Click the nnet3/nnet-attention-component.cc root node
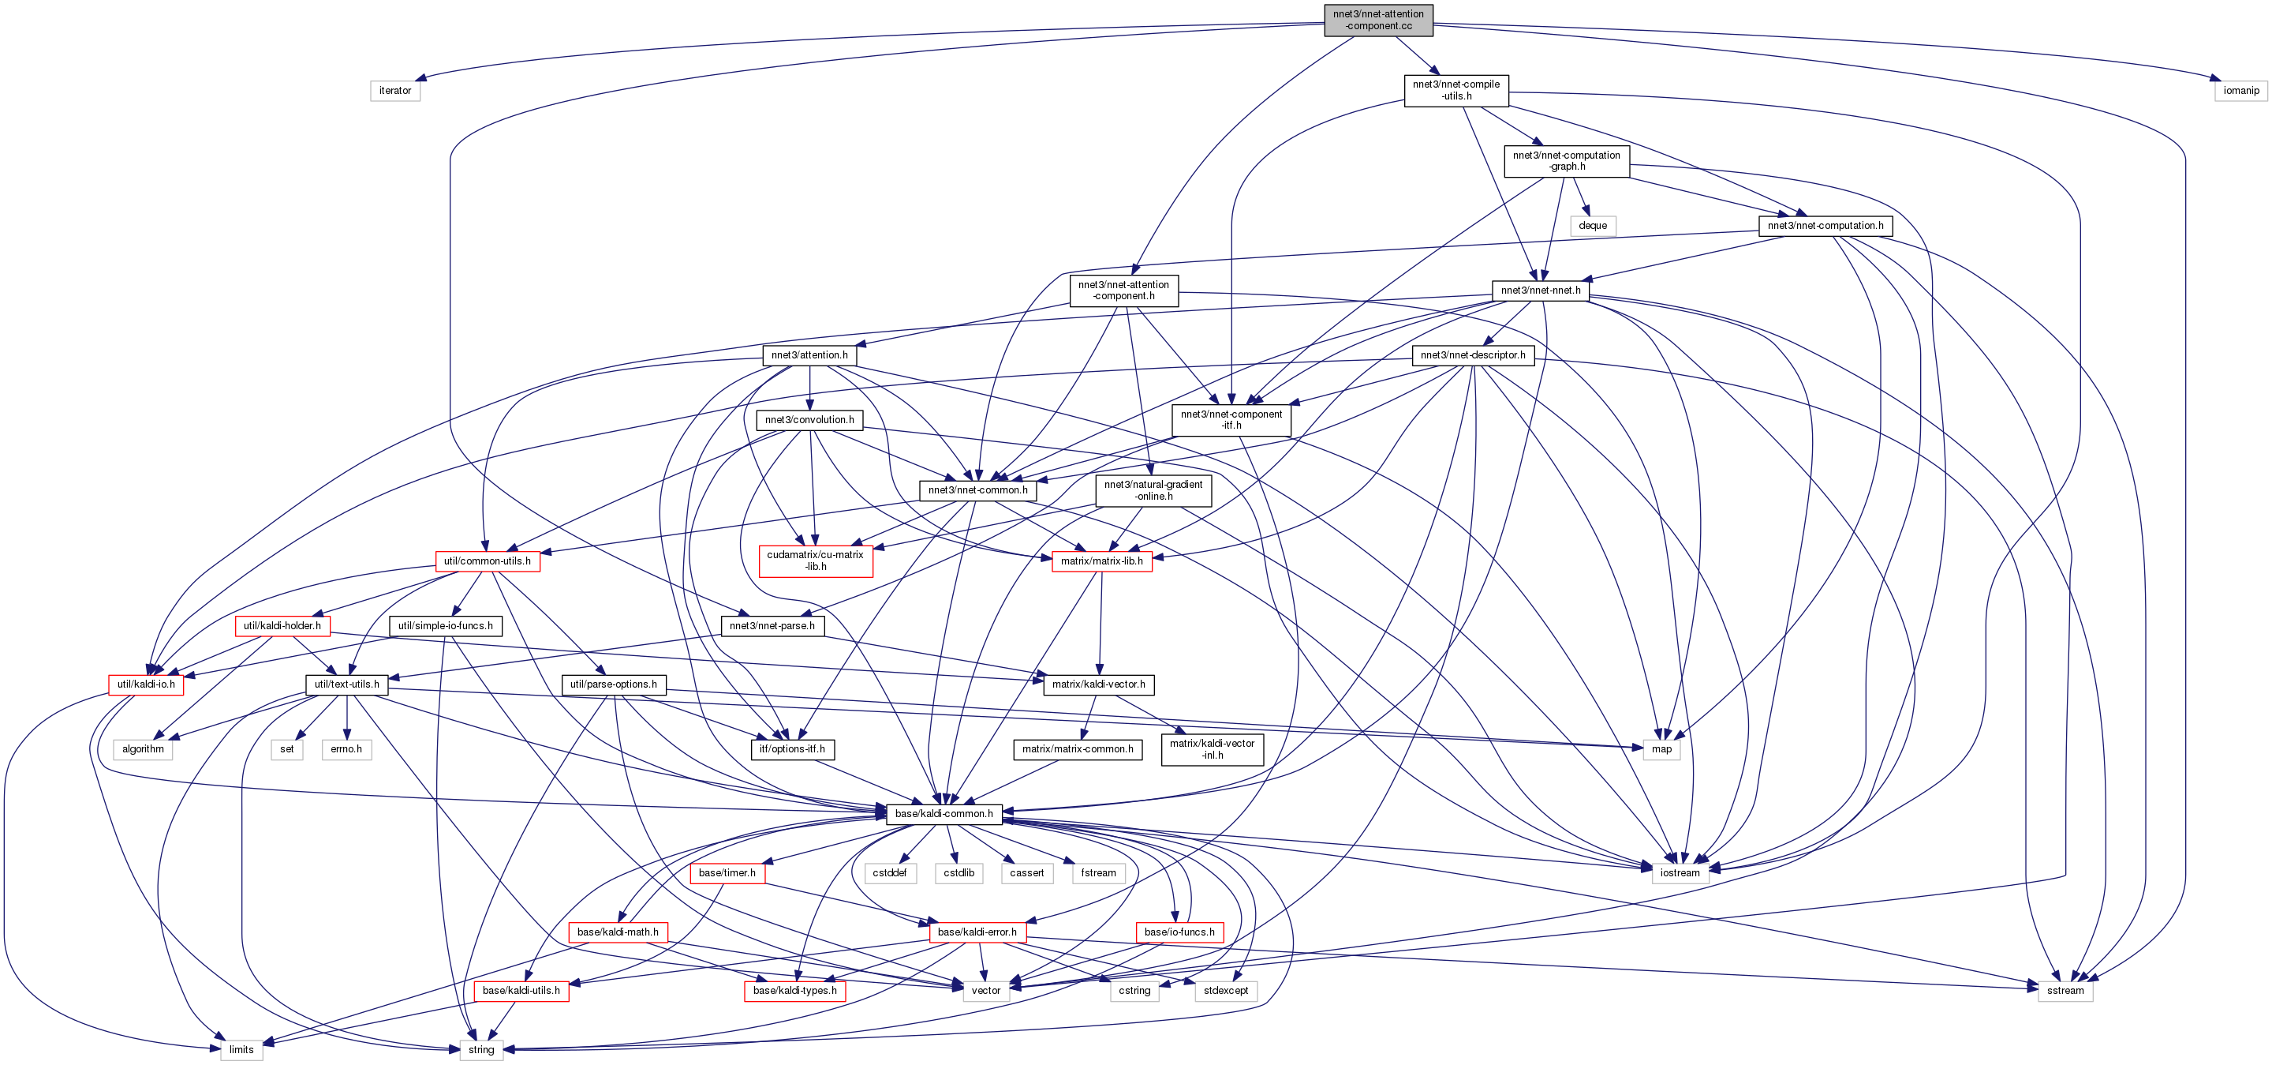1377,20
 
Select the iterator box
394,90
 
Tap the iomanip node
2240,90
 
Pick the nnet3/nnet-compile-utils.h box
1455,90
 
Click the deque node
1592,226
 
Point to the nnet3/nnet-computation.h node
1825,226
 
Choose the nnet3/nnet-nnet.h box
1540,291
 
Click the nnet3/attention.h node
809,354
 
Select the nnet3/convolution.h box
809,420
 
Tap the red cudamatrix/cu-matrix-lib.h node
815,561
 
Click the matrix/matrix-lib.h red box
1101,561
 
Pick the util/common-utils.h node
487,561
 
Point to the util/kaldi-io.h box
147,684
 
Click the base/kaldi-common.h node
944,813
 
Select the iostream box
1680,872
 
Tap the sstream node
2065,991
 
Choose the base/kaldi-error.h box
977,932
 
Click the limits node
241,1050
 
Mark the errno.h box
346,749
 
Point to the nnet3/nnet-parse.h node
772,625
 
